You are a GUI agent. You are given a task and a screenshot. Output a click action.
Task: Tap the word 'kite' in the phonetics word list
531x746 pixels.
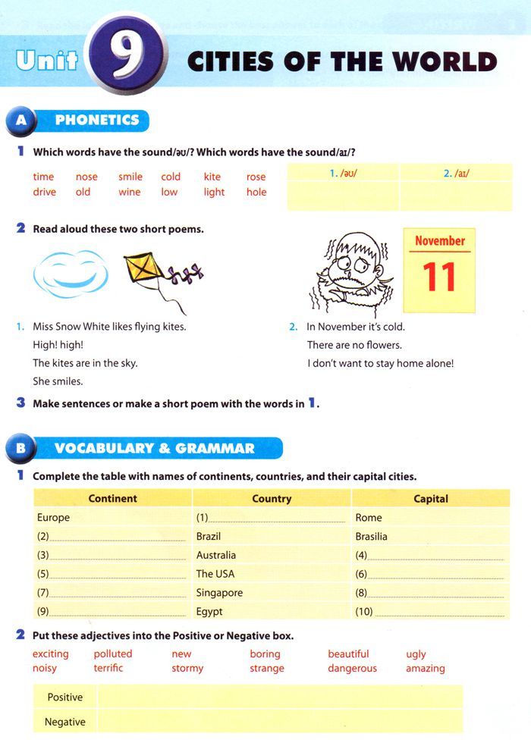point(212,177)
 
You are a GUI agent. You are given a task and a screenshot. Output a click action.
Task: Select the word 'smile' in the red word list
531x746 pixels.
point(130,177)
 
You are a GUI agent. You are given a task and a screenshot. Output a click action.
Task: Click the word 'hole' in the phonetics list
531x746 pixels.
point(256,192)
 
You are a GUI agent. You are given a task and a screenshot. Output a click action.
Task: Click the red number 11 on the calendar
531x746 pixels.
point(439,277)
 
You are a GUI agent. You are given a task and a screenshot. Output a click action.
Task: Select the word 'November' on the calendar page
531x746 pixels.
point(440,241)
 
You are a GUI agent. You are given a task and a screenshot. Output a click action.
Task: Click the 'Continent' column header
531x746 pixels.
point(112,498)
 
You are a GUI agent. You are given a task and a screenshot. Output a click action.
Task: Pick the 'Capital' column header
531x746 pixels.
point(431,499)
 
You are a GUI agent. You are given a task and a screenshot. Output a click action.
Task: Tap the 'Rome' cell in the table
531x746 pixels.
point(369,518)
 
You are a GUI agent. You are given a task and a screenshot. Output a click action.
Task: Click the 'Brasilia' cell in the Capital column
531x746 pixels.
point(371,536)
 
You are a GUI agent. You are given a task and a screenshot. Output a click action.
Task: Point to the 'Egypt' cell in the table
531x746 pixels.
point(209,611)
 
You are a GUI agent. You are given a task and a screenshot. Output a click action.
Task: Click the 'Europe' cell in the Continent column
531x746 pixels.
point(53,518)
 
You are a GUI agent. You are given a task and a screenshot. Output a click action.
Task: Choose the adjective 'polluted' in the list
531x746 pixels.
point(113,654)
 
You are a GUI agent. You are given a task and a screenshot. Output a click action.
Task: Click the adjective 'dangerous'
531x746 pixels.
point(352,668)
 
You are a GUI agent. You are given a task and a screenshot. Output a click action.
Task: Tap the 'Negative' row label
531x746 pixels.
point(65,722)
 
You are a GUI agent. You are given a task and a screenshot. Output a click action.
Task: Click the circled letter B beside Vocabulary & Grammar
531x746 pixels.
point(20,448)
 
